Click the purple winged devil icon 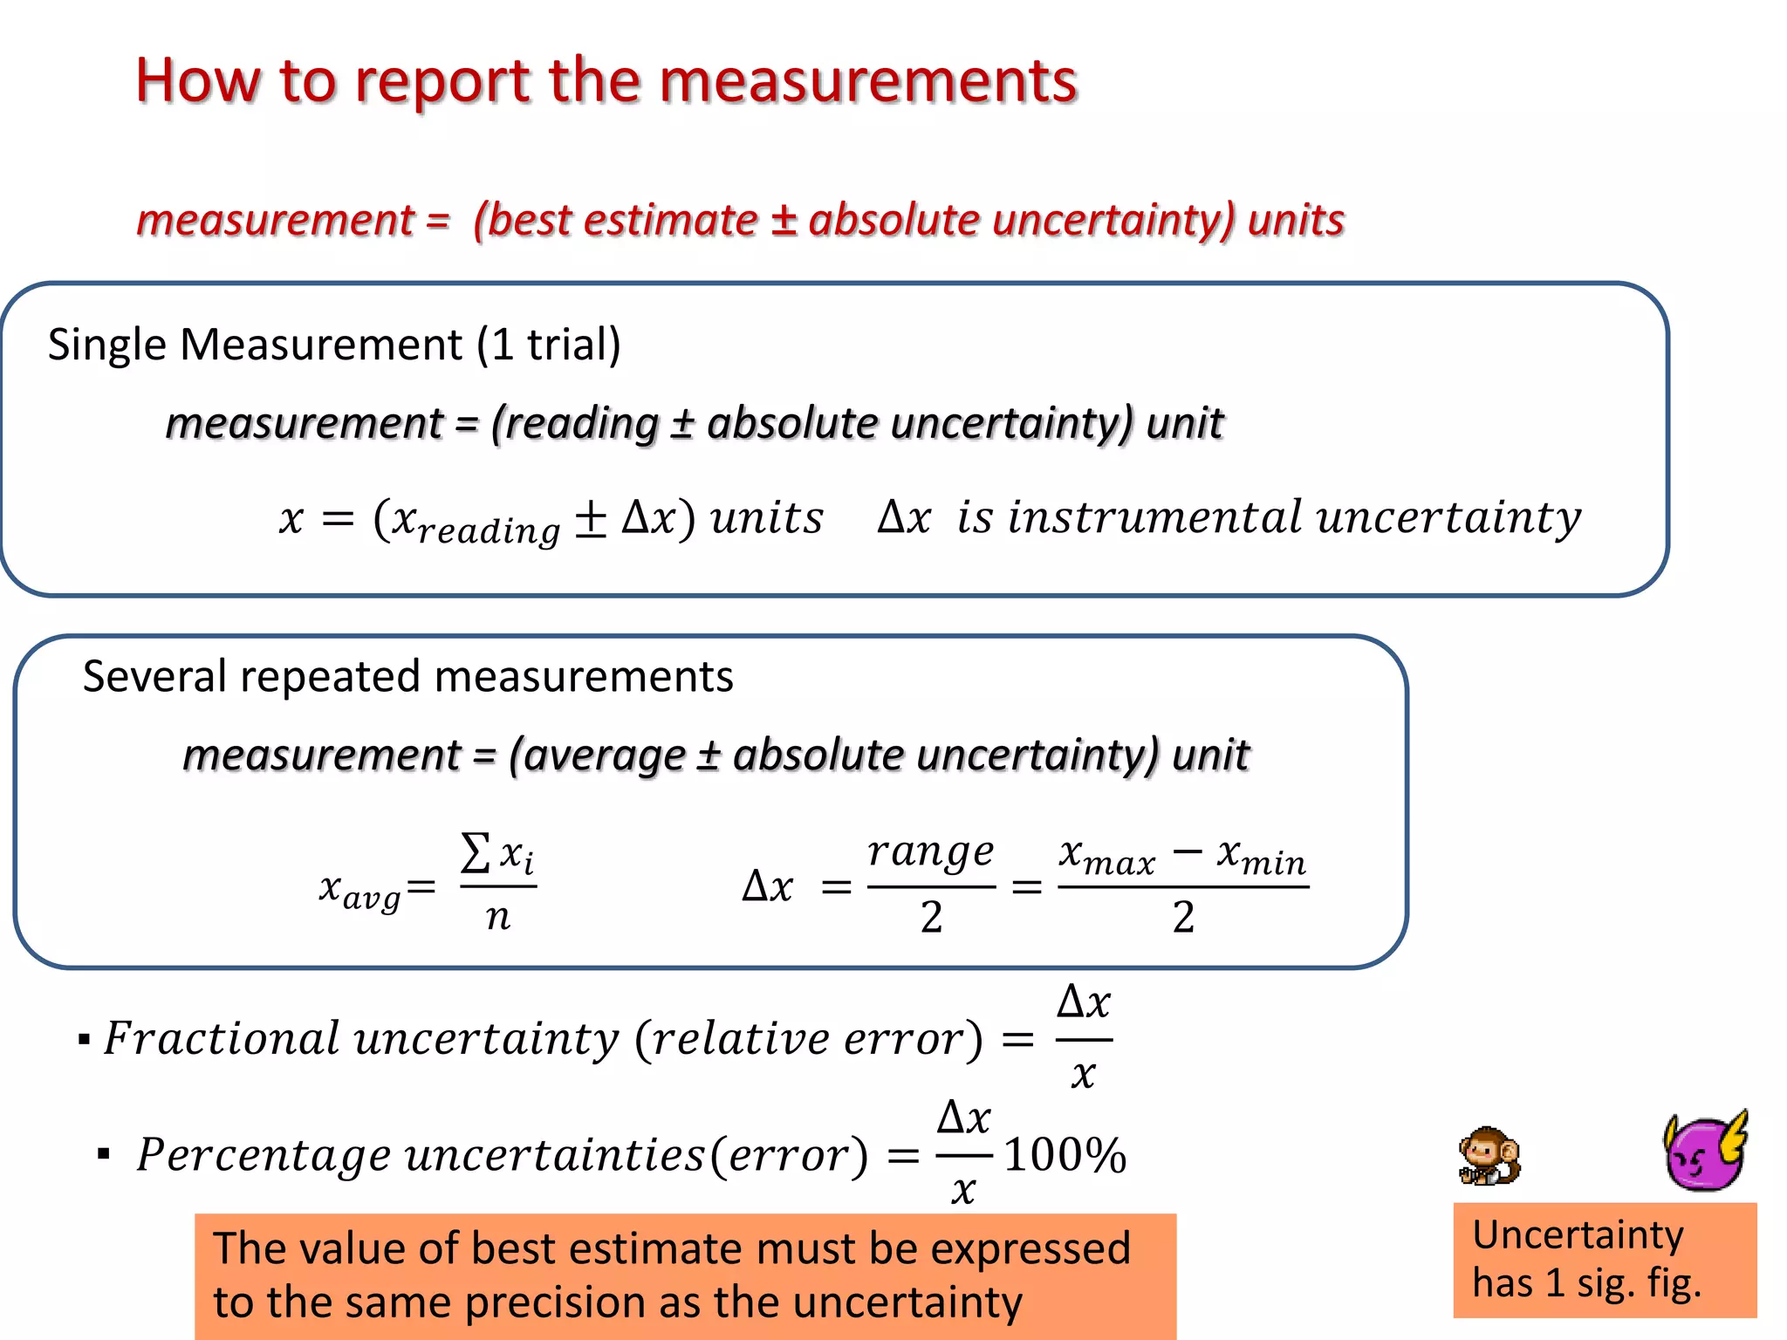click(1705, 1152)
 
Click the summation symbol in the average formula click(475, 852)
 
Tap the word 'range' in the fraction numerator click(931, 852)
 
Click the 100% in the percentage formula click(1065, 1155)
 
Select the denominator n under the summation click(497, 916)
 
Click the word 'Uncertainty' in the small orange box click(1578, 1235)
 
